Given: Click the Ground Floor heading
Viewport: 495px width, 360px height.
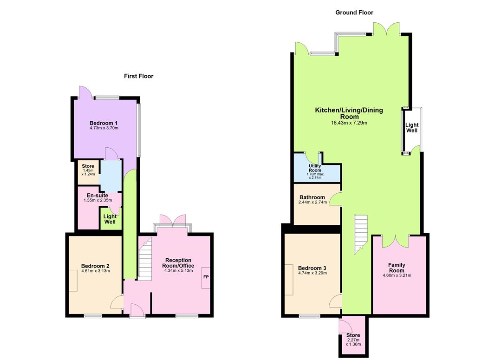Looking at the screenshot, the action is click(354, 13).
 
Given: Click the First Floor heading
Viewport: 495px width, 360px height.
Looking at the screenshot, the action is click(138, 76).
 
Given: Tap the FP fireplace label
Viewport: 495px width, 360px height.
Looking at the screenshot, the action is click(206, 277).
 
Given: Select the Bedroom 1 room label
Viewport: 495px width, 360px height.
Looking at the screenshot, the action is click(104, 123).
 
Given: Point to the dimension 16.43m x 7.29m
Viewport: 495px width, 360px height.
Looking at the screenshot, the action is click(349, 123).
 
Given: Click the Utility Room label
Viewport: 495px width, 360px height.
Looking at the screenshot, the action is click(315, 168).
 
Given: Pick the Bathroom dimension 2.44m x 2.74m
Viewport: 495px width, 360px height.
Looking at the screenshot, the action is click(313, 203).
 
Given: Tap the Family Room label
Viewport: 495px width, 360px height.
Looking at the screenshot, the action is click(397, 268).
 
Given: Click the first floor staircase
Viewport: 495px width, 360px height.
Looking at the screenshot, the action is click(145, 259).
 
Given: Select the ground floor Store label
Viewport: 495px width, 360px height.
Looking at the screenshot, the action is click(353, 335).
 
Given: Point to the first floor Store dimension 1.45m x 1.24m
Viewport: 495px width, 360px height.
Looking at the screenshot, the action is click(88, 172).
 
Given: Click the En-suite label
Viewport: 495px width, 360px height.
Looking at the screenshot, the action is click(97, 196).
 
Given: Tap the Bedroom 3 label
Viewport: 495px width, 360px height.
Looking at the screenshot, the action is click(312, 268).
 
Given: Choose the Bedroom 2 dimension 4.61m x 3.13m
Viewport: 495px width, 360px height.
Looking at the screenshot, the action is click(95, 271).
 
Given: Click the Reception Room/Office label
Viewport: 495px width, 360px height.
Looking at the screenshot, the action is click(178, 263).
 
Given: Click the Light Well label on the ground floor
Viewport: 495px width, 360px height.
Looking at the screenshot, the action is click(412, 128).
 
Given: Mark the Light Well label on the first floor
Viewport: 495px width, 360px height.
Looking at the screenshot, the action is click(110, 219).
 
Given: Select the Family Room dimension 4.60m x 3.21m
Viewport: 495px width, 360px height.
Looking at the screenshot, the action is click(397, 275).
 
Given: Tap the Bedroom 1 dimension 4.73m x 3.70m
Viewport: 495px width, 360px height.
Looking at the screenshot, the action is click(104, 128).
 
